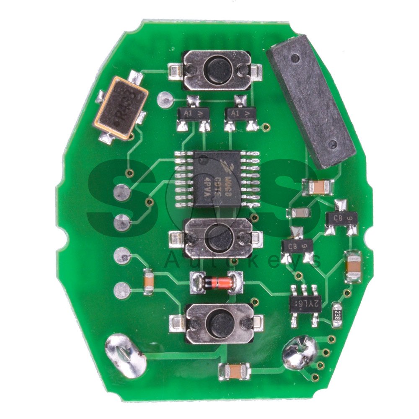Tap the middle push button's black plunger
pyautogui.click(x=219, y=237)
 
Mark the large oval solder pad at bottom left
pyautogui.click(x=124, y=355)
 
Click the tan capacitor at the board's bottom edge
pyautogui.click(x=235, y=370)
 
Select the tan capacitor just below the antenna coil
pyautogui.click(x=318, y=186)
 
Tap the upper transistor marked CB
pyautogui.click(x=341, y=217)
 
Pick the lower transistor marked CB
pyautogui.click(x=297, y=246)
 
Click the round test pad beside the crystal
pyautogui.click(x=165, y=98)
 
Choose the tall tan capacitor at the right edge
pyautogui.click(x=352, y=266)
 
